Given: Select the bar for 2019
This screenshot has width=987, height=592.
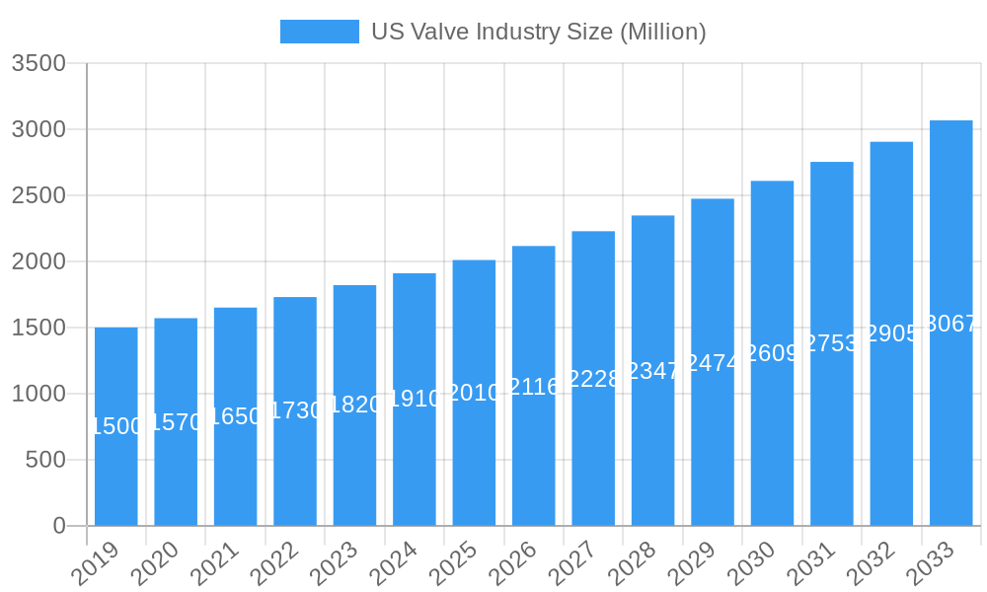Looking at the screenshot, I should click(116, 426).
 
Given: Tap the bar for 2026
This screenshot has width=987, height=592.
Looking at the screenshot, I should click(533, 386).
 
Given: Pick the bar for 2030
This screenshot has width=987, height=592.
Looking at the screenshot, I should click(772, 353).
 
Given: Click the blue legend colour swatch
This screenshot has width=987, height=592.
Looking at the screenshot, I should click(319, 32).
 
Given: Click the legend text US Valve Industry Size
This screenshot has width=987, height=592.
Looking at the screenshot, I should click(538, 32).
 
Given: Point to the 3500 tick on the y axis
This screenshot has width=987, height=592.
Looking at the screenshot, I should click(38, 64).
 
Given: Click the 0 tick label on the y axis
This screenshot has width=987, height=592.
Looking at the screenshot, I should click(59, 526).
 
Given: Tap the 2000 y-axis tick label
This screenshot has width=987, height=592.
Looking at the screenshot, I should click(38, 261).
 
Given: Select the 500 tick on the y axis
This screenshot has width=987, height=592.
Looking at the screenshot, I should click(45, 460).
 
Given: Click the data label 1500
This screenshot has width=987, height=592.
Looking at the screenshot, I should click(116, 426).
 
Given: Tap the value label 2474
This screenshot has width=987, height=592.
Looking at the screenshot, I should click(713, 363).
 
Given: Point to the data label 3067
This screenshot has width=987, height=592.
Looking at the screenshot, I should click(951, 324).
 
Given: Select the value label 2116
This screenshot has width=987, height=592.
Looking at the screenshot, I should click(534, 387).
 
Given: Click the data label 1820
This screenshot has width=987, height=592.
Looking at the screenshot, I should click(354, 405).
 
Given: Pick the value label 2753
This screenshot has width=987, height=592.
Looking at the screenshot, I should click(832, 343).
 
